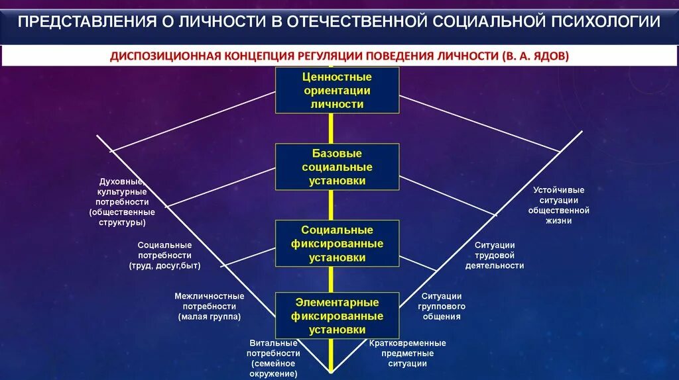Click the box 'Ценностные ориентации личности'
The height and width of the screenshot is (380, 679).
(x=337, y=91)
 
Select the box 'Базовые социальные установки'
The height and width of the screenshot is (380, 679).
(x=337, y=167)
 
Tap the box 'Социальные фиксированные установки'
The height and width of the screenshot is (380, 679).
(x=337, y=244)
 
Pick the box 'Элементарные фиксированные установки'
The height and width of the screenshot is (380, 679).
(x=337, y=316)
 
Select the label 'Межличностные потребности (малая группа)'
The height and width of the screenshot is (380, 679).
(x=209, y=307)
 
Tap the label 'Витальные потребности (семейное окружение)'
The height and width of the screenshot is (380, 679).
(x=273, y=358)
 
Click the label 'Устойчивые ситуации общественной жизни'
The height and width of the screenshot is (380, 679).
(x=558, y=205)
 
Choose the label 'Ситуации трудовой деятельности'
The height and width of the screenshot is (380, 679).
(x=499, y=255)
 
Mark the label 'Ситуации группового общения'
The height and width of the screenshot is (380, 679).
(x=442, y=307)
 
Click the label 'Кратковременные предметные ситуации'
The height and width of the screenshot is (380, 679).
(x=407, y=353)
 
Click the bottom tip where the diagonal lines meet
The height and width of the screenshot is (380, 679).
(x=331, y=371)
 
